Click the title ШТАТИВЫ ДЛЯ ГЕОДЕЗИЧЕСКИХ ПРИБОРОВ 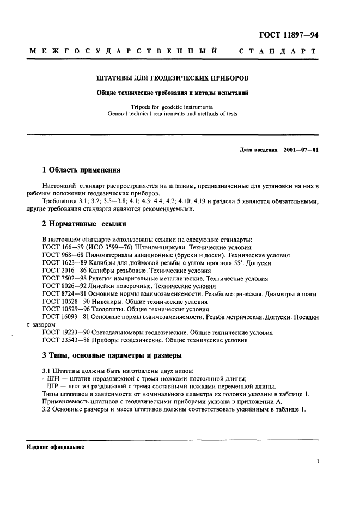coord(172,78)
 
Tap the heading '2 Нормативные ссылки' coord(76,224)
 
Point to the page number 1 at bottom coord(317,461)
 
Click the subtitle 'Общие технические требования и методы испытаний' coord(172,92)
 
